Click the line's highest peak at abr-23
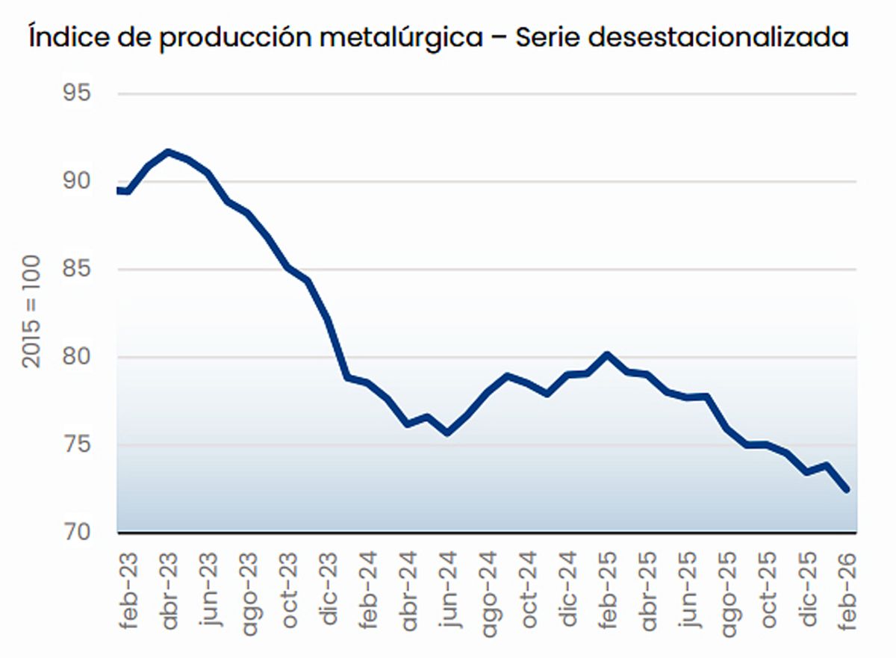[168, 152]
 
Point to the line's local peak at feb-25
[608, 355]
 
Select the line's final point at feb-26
[848, 490]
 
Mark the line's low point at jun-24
[447, 432]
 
